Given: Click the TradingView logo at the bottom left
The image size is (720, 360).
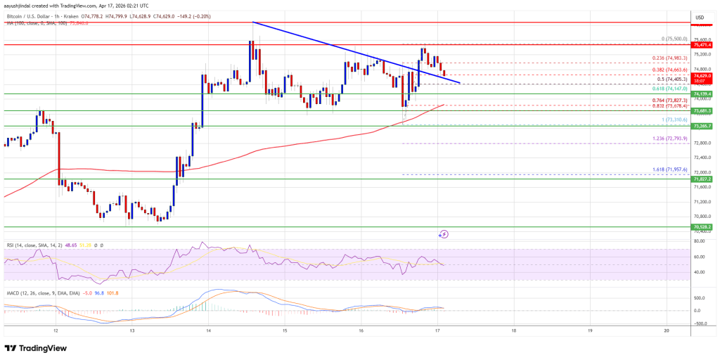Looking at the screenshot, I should pyautogui.click(x=37, y=348).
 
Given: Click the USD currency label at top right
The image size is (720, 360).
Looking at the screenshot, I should pyautogui.click(x=699, y=17).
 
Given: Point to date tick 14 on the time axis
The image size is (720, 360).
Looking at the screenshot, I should pyautogui.click(x=208, y=330).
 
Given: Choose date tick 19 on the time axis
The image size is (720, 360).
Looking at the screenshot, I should pyautogui.click(x=589, y=330).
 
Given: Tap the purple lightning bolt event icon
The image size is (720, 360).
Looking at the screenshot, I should pyautogui.click(x=444, y=233).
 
